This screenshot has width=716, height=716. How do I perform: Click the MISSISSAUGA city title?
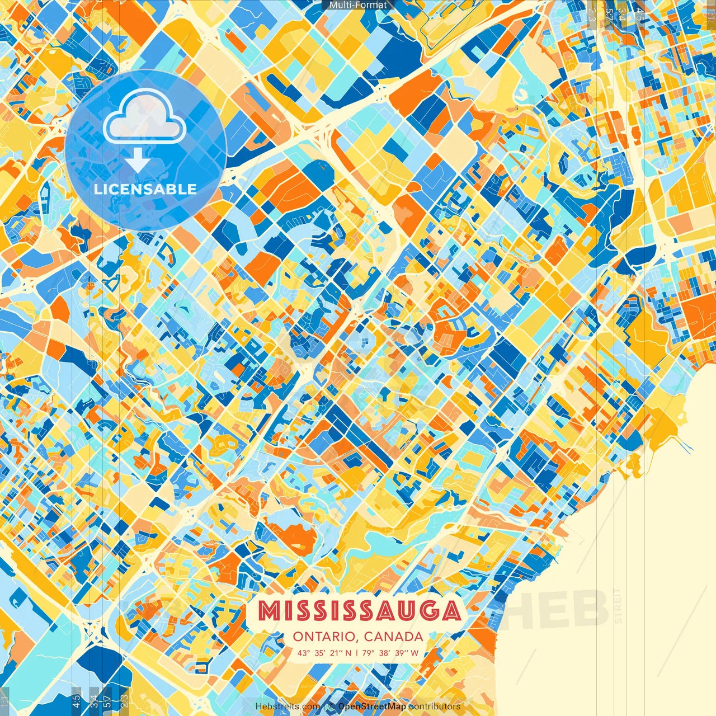pyautogui.click(x=360, y=611)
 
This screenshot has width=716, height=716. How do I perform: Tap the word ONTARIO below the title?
pyautogui.click(x=325, y=637)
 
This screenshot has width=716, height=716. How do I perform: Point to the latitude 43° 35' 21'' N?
pyautogui.click(x=324, y=653)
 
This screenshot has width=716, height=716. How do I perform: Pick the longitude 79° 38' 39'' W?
pyautogui.click(x=391, y=653)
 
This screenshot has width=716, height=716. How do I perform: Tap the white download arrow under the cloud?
pyautogui.click(x=136, y=161)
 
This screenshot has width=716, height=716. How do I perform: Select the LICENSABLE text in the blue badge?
pyautogui.click(x=145, y=189)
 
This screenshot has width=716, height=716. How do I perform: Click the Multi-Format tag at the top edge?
pyautogui.click(x=358, y=5)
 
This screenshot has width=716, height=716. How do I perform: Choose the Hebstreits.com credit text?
pyautogui.click(x=288, y=706)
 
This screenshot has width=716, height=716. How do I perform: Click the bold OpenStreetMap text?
pyautogui.click(x=372, y=706)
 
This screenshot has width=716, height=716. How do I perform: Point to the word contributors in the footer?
pyautogui.click(x=435, y=706)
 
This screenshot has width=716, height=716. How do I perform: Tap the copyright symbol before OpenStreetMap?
pyautogui.click(x=332, y=706)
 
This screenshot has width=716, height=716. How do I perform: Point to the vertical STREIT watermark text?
pyautogui.click(x=618, y=606)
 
